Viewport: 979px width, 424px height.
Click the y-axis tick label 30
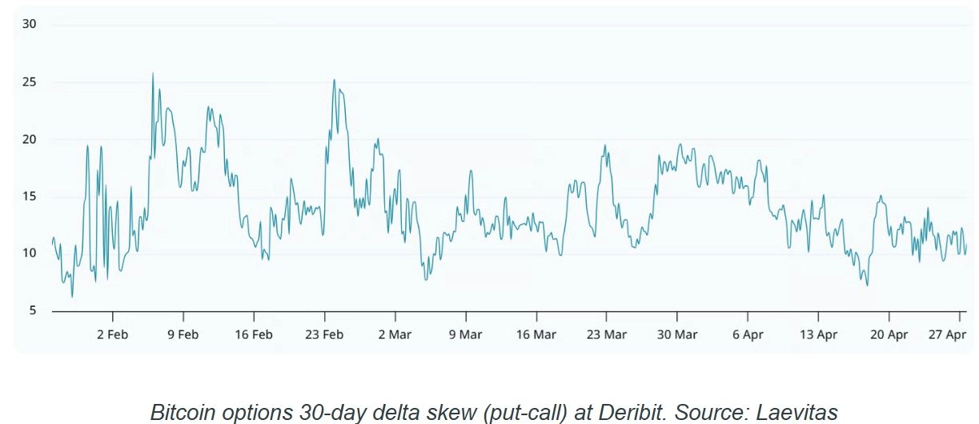29,24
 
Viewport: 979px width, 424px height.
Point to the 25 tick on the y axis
29,82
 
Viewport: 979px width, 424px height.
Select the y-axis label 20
29,139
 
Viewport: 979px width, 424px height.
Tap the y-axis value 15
29,196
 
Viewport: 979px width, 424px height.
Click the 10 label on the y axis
29,253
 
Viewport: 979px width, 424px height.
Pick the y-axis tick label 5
32,311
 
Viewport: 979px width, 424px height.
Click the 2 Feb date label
112,335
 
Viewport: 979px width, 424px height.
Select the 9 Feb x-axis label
183,335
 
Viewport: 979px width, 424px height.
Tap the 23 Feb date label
323,335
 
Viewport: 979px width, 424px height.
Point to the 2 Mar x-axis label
395,335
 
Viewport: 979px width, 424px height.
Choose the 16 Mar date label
536,335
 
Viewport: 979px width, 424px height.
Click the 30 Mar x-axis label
677,335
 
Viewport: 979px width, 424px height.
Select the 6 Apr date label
748,335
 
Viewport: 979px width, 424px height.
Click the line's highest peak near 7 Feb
153,74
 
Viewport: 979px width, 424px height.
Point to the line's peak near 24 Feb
334,79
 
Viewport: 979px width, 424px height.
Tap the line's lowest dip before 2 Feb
72,297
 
